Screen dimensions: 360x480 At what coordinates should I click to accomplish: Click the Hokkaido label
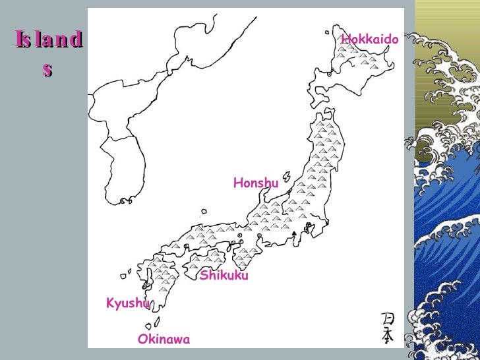[x=370, y=40]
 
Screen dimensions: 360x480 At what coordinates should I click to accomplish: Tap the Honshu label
[x=256, y=183]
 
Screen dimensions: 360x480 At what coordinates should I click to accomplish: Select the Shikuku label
[x=224, y=276]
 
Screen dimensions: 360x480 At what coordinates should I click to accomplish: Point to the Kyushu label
[x=128, y=303]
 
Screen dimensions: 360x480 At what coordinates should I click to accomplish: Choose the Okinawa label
[x=164, y=340]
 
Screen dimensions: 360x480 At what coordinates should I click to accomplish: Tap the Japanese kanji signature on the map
[x=388, y=328]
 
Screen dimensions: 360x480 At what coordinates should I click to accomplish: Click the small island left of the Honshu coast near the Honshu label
[x=287, y=177]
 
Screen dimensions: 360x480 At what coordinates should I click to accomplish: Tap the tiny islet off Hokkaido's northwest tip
[x=327, y=31]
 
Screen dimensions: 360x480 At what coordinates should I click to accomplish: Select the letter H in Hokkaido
[x=345, y=40]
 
